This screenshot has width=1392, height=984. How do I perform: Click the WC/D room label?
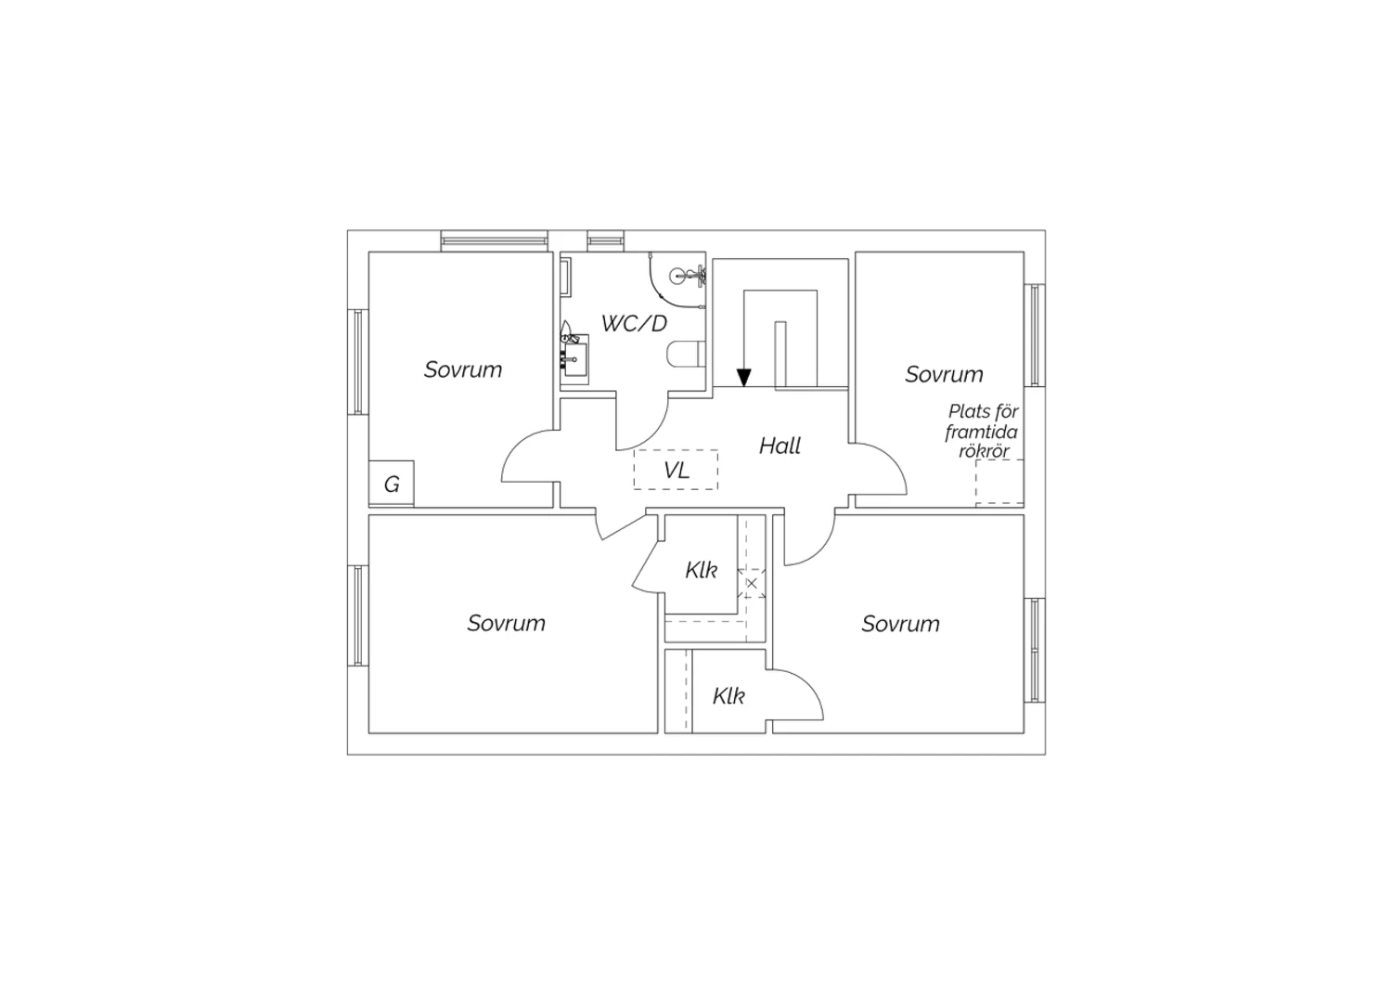click(x=634, y=323)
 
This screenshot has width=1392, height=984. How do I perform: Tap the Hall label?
click(x=780, y=446)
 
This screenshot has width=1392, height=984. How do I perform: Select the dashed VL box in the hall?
click(x=677, y=470)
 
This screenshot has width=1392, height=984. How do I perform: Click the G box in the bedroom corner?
click(x=392, y=483)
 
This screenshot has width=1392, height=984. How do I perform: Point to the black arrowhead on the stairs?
click(x=744, y=377)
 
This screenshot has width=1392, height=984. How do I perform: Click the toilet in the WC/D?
click(x=686, y=354)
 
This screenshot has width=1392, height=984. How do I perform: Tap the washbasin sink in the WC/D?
click(x=574, y=358)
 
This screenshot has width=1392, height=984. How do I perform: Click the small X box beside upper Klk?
click(x=752, y=583)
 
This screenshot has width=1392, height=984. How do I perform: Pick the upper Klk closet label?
click(x=701, y=570)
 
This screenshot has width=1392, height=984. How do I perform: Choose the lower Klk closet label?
click(x=728, y=696)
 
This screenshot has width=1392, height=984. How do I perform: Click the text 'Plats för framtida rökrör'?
click(x=982, y=432)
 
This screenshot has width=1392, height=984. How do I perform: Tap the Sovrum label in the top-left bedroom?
click(x=463, y=369)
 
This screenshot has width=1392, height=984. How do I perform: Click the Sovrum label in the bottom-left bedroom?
click(x=507, y=623)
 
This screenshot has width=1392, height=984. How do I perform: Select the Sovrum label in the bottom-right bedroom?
click(x=900, y=624)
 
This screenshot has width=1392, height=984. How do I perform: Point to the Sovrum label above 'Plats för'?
click(x=944, y=374)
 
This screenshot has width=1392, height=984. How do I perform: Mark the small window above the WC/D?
click(x=605, y=240)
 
